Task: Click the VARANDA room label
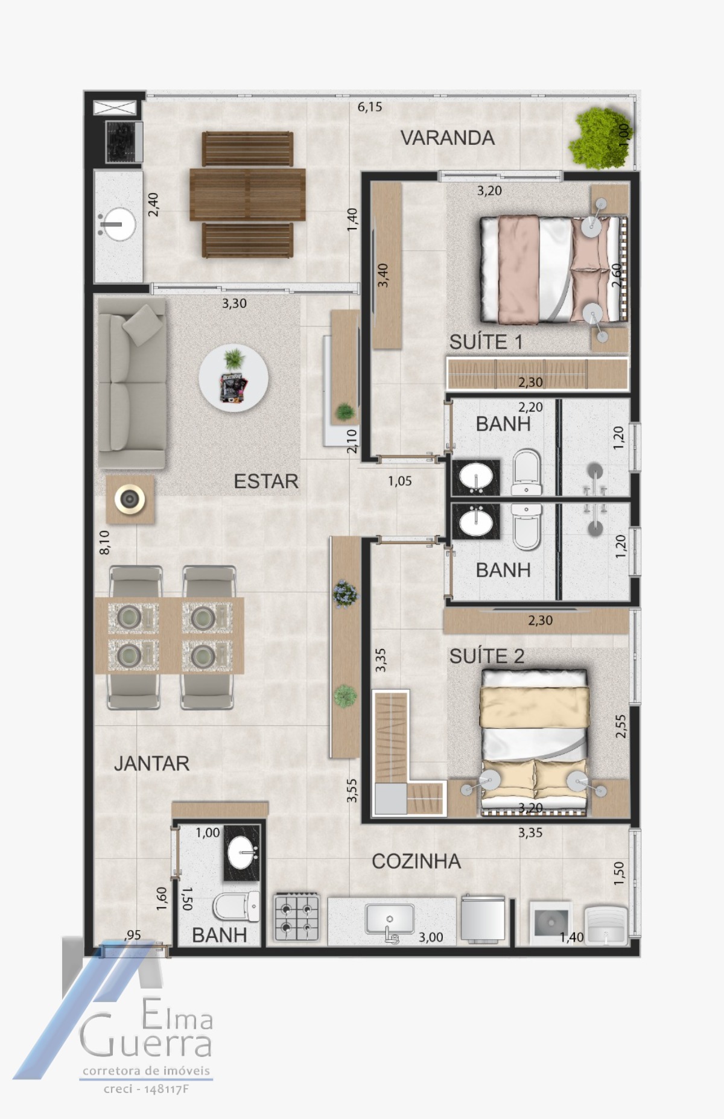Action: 448,138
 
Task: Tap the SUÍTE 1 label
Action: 486,342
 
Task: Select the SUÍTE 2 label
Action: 487,656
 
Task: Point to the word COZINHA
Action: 416,861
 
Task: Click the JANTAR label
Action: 152,764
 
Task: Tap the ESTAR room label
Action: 266,481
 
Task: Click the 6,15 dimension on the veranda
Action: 370,107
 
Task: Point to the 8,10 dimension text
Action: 104,542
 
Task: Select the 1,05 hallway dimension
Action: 400,481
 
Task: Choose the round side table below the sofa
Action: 130,499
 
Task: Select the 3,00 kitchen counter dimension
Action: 431,937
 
